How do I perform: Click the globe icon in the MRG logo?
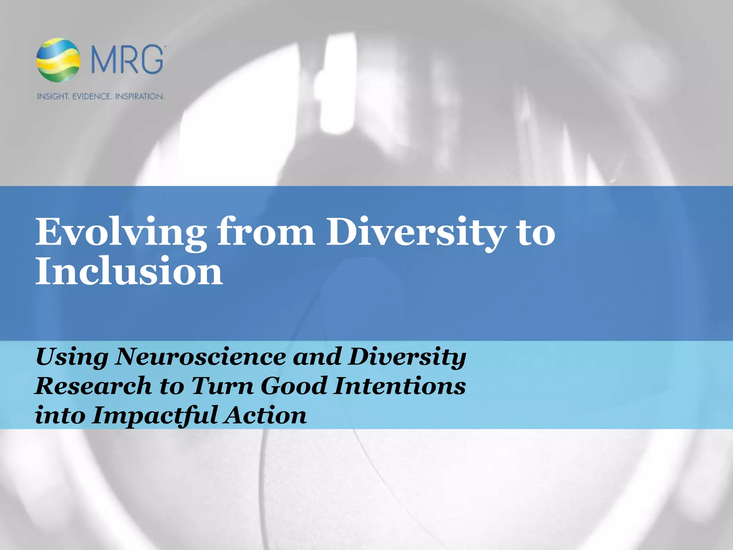(58, 59)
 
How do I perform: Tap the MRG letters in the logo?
(127, 59)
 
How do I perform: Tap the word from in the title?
(266, 233)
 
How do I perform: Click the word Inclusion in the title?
(129, 271)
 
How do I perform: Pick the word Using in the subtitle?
(72, 357)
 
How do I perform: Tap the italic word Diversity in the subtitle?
(407, 357)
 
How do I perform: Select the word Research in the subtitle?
(93, 386)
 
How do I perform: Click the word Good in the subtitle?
(293, 386)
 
